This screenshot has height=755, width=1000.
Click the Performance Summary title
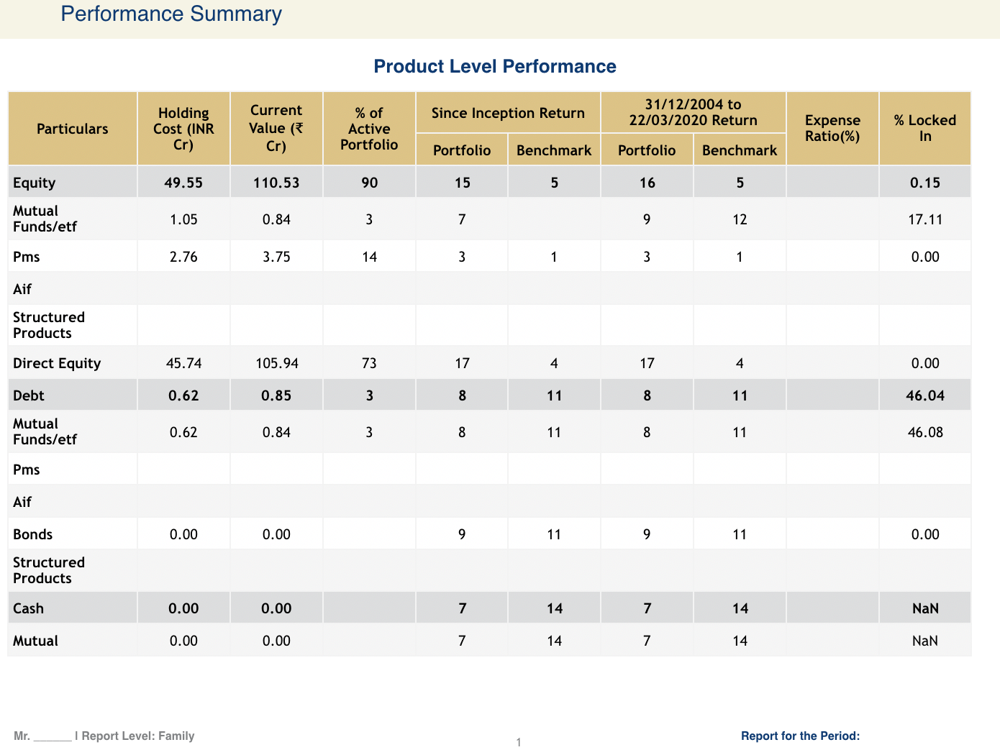(x=171, y=14)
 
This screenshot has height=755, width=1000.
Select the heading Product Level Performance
(x=495, y=67)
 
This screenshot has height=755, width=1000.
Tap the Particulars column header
(x=73, y=129)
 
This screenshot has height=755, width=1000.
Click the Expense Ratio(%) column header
(x=832, y=129)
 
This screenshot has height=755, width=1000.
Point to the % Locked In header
(x=924, y=129)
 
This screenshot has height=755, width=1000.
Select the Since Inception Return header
(x=508, y=113)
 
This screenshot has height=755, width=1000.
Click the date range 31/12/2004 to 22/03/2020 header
(x=693, y=113)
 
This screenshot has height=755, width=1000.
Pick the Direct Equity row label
(x=57, y=364)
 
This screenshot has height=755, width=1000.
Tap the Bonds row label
(x=33, y=535)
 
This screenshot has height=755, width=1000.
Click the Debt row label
(x=29, y=396)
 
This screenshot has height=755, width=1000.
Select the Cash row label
(x=29, y=609)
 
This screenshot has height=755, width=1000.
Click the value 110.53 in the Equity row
(x=276, y=183)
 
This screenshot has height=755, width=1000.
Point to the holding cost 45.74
(x=183, y=364)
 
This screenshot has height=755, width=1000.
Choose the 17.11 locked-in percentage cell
(x=924, y=220)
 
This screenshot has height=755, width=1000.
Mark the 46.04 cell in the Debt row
(x=924, y=396)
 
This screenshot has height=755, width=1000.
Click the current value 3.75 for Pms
(x=276, y=257)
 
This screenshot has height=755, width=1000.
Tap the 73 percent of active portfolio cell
(x=369, y=364)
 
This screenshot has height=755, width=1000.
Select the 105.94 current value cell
(x=276, y=364)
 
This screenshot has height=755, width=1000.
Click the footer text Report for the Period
(x=800, y=736)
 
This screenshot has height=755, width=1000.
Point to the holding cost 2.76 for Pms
(x=183, y=257)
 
